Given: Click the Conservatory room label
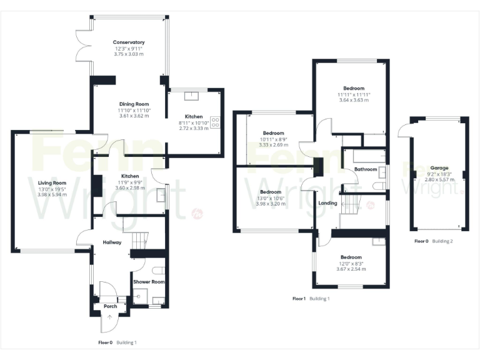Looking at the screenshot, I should point(129,42).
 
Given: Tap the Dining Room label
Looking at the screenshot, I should point(134,104).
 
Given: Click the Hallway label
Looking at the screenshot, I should point(112,242).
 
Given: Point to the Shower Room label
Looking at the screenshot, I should point(149,282).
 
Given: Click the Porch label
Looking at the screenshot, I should point(110,306).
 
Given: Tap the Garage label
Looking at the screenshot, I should point(438,168).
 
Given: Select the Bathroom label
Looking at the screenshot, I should point(366,169).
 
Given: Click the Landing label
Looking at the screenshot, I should point(327,203).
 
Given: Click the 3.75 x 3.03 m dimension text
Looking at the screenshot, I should point(129,54).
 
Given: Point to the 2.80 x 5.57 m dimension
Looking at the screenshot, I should point(438,179).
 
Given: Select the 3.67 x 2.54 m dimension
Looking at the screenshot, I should point(351,269).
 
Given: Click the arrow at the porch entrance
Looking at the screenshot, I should point(110,317).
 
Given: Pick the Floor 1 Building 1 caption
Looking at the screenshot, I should point(311,299).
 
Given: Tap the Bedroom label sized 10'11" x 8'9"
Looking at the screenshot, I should point(273,133).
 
